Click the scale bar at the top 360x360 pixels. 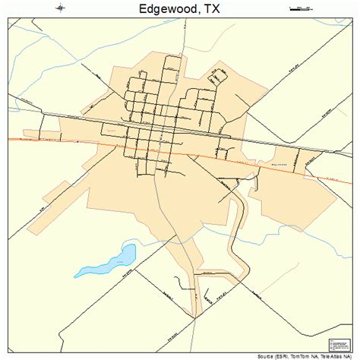pos(302,8)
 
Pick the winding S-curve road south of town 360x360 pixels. pos(242,228)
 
